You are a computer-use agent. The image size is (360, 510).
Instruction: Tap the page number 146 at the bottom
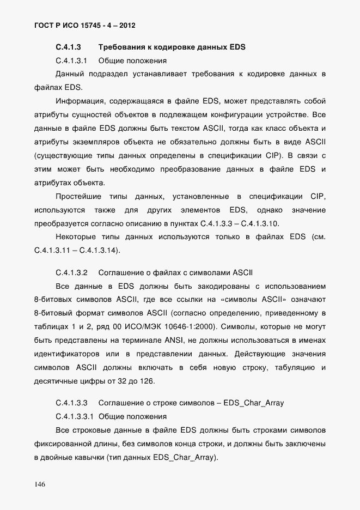click(40, 484)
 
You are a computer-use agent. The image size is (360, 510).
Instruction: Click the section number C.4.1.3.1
click(72, 60)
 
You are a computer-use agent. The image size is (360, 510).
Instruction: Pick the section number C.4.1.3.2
click(72, 272)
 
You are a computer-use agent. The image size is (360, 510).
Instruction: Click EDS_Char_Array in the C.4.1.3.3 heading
click(252, 403)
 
